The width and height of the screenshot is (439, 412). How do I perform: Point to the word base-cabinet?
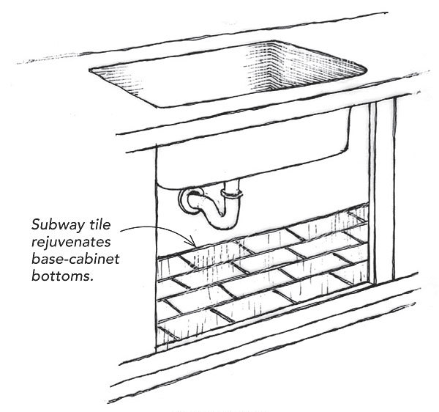pos(74,258)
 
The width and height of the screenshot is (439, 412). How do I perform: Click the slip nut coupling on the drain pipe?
pos(233,195)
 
